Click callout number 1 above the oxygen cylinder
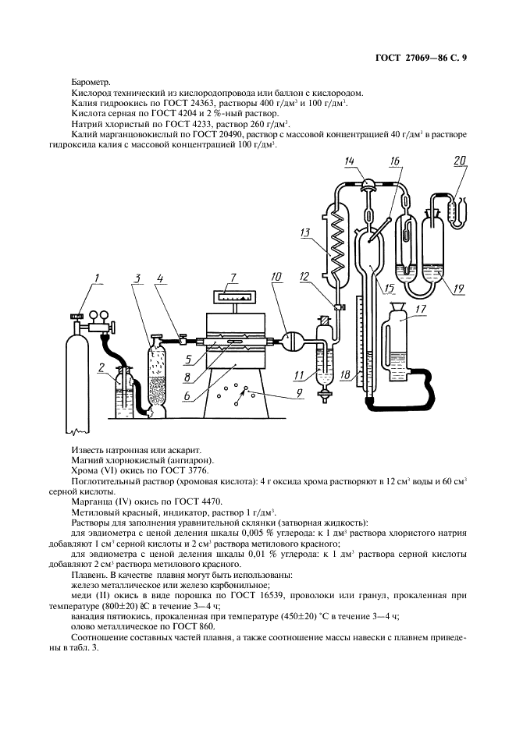[97, 278]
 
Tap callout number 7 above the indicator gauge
[233, 278]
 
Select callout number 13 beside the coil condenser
[306, 232]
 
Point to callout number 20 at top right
[460, 161]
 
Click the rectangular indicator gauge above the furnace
[232, 296]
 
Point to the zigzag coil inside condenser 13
[335, 242]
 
